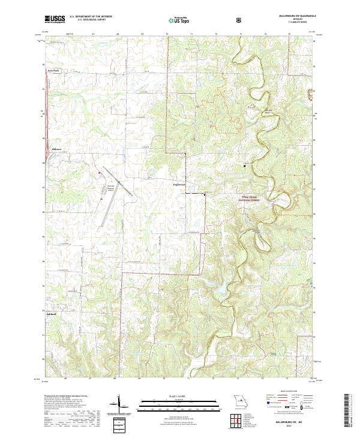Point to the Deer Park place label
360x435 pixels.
click(54, 70)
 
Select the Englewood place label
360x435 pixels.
click(181, 184)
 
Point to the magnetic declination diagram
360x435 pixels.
click(118, 408)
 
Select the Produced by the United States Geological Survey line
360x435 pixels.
click(66, 397)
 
